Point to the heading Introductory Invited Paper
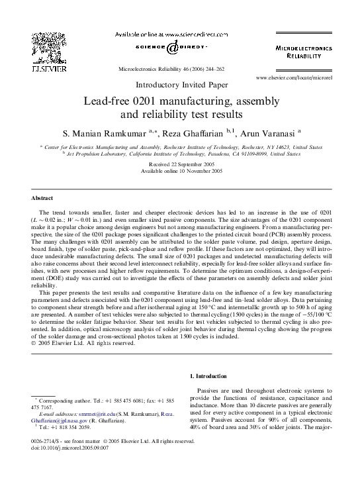pos(179,85)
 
